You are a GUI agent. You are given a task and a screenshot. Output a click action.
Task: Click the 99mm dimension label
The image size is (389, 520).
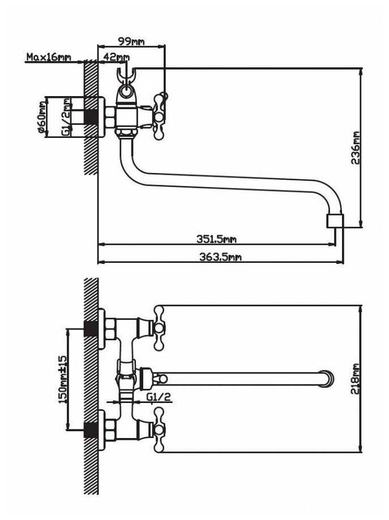click(x=131, y=41)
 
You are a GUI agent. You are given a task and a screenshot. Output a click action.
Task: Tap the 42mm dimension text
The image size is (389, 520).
click(x=116, y=57)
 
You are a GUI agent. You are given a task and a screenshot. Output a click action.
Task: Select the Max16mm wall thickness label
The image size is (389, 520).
click(x=49, y=57)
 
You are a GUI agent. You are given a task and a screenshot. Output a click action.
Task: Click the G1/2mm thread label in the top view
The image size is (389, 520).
click(x=66, y=117)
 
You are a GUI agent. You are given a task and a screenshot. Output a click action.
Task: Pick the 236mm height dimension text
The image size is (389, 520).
click(x=356, y=148)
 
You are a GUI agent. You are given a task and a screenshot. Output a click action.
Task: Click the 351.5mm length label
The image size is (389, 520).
click(x=216, y=239)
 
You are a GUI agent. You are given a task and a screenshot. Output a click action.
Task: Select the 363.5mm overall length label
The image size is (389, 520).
click(x=220, y=257)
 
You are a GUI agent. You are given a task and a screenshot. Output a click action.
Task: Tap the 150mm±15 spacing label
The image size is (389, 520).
click(x=62, y=379)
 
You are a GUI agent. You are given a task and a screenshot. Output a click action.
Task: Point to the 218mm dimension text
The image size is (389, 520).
click(x=356, y=379)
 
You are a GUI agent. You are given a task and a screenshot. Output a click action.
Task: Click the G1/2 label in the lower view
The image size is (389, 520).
click(x=159, y=396)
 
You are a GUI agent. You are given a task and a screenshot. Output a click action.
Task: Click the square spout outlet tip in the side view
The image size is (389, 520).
click(x=335, y=221)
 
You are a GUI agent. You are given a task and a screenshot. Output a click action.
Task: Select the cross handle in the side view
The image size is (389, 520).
click(x=160, y=116)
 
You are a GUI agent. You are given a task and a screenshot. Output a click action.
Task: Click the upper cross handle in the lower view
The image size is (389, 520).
click(x=159, y=328)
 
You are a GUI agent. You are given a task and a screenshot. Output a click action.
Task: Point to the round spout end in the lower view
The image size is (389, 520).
click(x=327, y=379)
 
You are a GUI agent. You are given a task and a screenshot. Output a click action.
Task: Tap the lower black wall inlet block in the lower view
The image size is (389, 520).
click(x=91, y=430)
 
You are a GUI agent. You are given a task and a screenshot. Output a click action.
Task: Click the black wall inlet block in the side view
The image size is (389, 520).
click(x=91, y=117)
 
